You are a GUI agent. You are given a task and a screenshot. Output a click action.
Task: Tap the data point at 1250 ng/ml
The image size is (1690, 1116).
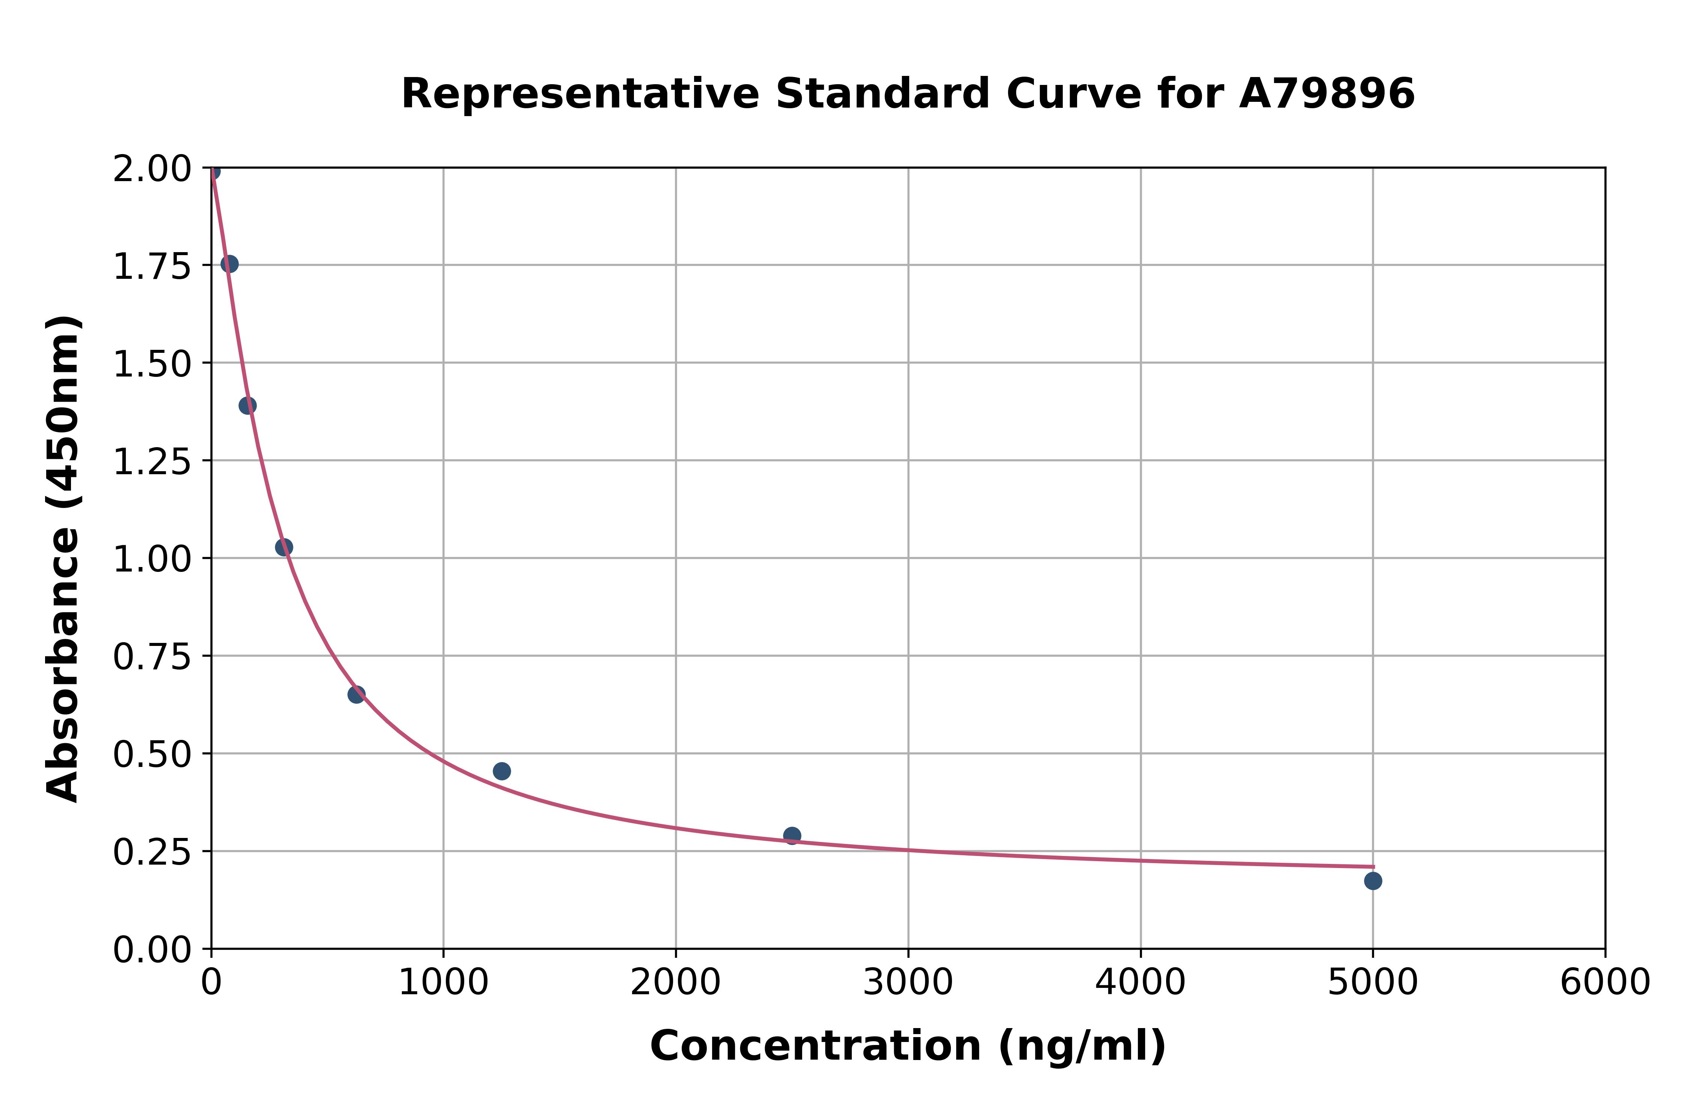(x=501, y=771)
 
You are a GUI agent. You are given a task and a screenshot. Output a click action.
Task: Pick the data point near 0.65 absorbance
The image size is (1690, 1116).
(x=356, y=694)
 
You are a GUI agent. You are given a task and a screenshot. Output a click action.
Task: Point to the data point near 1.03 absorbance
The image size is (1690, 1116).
(x=284, y=547)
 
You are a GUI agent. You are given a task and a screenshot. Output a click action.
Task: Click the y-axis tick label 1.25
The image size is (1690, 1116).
(x=152, y=461)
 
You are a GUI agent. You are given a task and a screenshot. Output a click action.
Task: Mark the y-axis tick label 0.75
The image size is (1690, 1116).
(x=152, y=656)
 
